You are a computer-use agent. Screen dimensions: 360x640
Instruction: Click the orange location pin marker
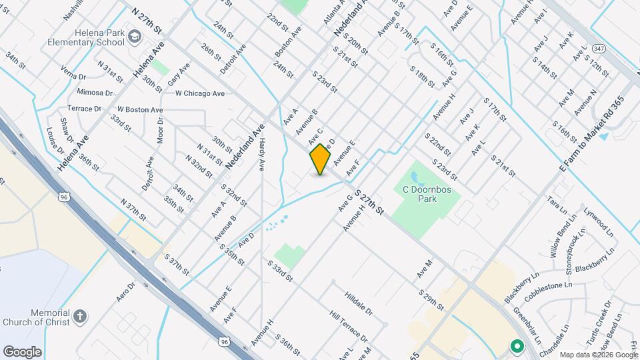pos(320,159)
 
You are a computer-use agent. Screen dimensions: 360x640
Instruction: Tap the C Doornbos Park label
pos(427,194)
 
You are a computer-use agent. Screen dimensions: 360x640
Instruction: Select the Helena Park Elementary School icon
pos(135,35)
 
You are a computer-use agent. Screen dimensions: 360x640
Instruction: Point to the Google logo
pos(22,351)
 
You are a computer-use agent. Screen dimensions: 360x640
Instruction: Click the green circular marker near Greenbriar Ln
pos(516,346)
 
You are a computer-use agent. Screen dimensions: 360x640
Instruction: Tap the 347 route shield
pos(580,50)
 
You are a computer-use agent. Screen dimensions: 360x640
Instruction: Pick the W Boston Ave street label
pos(140,109)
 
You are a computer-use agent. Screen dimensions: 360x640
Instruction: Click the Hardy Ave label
pos(263,153)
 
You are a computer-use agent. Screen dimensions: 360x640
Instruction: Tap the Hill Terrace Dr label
pos(347,325)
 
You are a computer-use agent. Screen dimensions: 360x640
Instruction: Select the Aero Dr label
pos(126,291)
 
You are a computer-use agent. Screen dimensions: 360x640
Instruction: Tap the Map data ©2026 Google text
pos(597,355)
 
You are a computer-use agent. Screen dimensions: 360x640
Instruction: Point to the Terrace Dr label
pos(84,108)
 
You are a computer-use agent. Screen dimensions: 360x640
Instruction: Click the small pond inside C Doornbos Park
pos(416,178)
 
